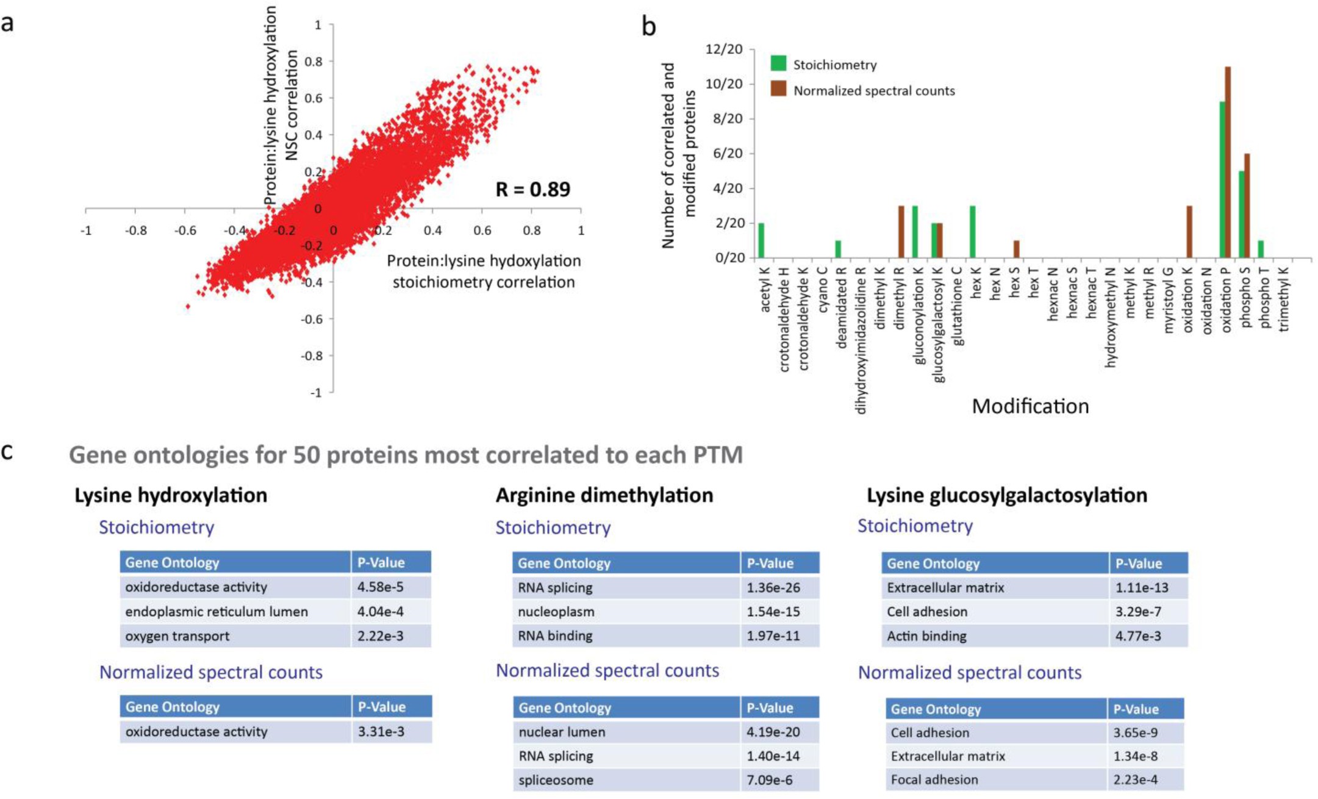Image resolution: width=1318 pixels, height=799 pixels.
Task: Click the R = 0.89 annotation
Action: (532, 190)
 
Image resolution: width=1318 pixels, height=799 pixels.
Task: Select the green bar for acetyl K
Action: (761, 240)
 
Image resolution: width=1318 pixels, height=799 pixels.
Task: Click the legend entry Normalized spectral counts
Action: (873, 91)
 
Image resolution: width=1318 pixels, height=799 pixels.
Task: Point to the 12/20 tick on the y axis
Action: (724, 49)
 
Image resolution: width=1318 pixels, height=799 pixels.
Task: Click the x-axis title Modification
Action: (1030, 406)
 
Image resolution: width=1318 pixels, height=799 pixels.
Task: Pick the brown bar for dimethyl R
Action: (901, 232)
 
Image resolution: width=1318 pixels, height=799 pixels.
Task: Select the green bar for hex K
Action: (973, 232)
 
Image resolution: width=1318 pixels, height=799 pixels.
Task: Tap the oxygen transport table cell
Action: (177, 636)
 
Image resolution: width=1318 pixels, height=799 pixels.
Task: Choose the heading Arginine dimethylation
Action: (604, 495)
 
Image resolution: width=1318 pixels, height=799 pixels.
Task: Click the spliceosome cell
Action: (556, 780)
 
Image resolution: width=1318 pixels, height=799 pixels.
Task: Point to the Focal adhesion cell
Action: (934, 780)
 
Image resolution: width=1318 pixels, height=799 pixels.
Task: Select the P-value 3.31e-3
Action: (381, 732)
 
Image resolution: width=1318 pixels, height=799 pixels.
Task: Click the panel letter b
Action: (649, 27)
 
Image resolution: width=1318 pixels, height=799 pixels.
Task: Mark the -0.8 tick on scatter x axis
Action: (135, 231)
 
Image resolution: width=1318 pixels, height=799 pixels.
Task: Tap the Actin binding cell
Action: (926, 636)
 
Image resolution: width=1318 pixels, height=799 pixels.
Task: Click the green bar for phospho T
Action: (1261, 249)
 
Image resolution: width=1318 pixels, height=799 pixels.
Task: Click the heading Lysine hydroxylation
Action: (171, 495)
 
